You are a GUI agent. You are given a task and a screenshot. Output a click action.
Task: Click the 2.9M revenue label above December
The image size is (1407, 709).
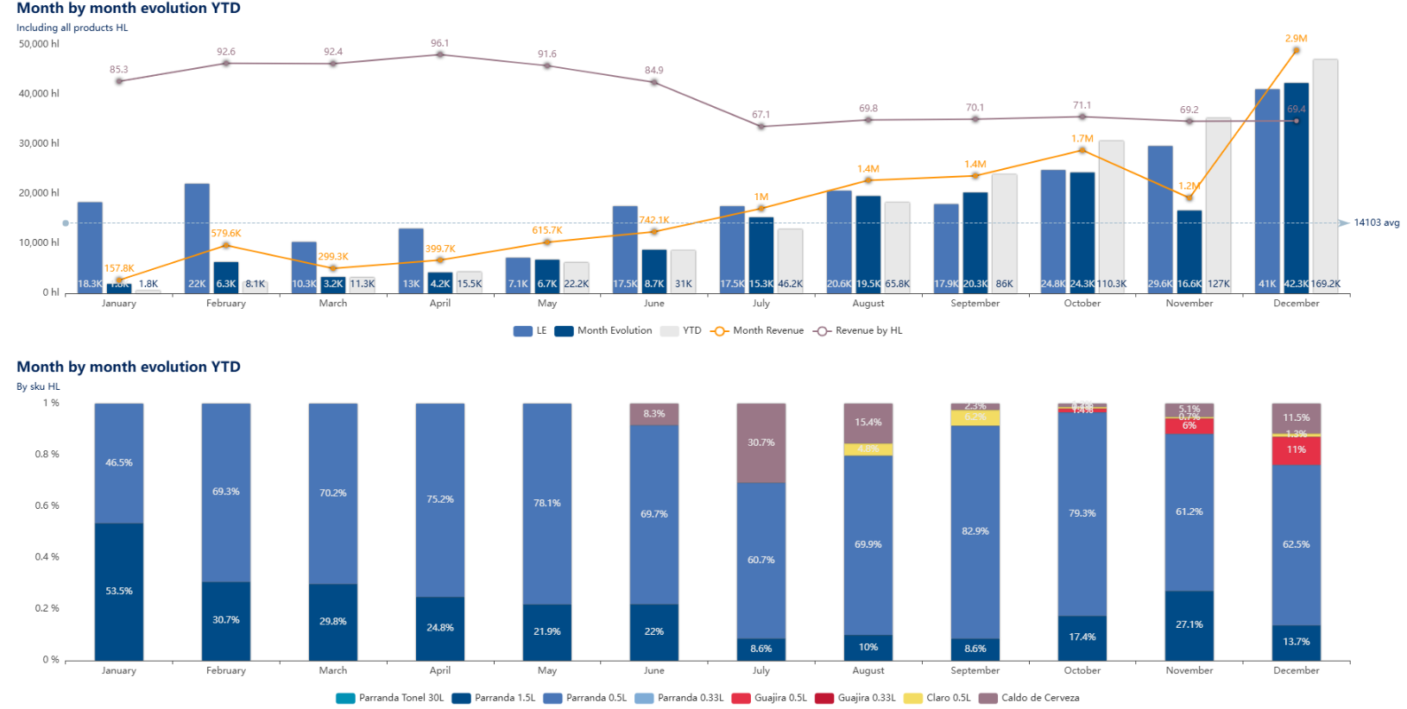(1296, 39)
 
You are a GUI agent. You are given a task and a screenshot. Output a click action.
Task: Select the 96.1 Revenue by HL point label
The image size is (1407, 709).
(440, 43)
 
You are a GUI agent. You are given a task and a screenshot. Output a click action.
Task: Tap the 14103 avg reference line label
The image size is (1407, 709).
(1376, 223)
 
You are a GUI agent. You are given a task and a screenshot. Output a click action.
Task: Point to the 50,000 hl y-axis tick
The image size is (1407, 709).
(39, 44)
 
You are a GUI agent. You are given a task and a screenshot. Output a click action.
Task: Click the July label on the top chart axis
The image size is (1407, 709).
(760, 304)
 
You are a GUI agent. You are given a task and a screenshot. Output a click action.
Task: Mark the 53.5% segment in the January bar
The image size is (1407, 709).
(119, 592)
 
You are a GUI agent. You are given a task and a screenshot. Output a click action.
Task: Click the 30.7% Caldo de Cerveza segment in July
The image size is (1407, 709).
(760, 442)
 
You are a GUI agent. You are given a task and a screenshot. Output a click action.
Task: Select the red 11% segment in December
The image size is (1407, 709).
(1296, 450)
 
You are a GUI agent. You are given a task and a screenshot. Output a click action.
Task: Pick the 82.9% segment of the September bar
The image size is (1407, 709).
(975, 531)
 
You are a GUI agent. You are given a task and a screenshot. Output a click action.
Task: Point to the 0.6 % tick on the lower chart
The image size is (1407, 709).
(47, 505)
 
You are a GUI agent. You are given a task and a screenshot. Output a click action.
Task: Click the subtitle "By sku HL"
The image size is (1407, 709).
(38, 386)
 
